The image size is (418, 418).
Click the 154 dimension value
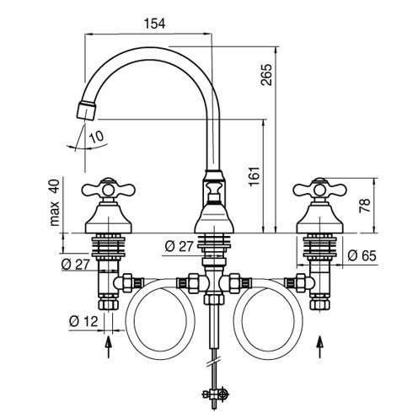[154, 24]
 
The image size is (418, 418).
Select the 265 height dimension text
[266, 75]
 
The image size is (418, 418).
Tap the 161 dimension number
[255, 176]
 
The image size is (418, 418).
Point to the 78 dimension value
[365, 206]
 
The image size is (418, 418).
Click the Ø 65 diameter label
[362, 255]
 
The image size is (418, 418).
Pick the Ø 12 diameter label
[83, 321]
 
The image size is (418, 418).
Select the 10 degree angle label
[96, 137]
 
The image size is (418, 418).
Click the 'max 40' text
[55, 202]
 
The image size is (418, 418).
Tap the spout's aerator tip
[86, 110]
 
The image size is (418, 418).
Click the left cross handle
[108, 190]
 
